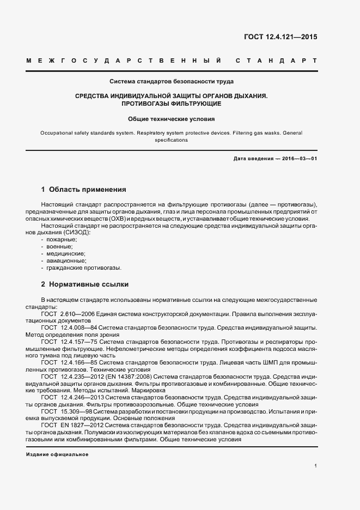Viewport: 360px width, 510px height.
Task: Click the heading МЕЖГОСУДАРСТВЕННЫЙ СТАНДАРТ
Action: click(171, 60)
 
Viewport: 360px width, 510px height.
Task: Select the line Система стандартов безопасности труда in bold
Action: click(172, 82)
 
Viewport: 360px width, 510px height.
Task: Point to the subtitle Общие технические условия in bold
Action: click(172, 119)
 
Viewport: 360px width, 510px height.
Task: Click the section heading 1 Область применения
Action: click(83, 190)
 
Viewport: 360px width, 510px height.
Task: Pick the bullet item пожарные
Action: click(62, 240)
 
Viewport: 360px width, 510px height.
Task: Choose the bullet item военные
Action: click(60, 247)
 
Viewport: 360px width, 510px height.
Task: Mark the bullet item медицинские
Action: click(65, 254)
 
